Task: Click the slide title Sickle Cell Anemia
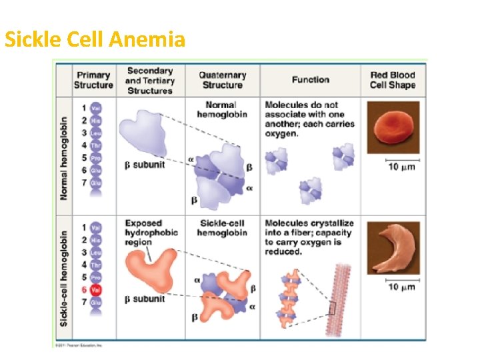95,41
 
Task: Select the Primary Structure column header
93,80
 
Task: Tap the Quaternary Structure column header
222,80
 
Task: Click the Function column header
310,80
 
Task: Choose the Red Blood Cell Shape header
393,80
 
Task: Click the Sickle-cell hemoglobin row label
64,278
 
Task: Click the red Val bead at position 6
96,290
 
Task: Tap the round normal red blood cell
393,128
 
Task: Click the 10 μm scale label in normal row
401,167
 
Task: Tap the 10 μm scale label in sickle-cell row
401,287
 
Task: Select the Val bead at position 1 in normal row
96,108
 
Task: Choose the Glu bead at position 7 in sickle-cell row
96,303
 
